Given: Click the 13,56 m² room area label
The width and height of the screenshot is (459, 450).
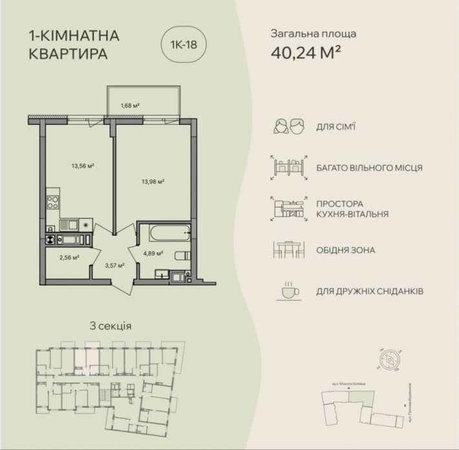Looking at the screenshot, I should click(x=83, y=165).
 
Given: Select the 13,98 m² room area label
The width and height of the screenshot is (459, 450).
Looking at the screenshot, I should click(x=153, y=182).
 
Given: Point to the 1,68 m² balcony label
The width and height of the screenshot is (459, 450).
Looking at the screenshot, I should click(x=131, y=105).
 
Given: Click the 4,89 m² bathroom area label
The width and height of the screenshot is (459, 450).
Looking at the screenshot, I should click(x=153, y=253).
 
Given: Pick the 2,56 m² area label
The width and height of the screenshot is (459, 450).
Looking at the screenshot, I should click(x=69, y=257).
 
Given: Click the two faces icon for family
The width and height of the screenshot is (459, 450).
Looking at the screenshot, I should click(x=289, y=127).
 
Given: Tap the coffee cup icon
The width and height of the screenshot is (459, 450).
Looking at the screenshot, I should click(x=289, y=292).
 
